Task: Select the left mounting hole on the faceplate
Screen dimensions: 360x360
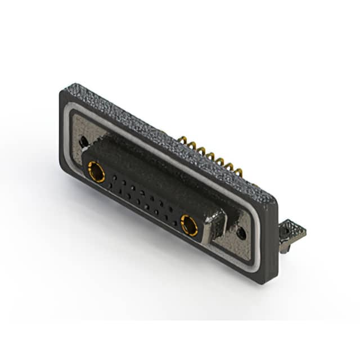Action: coord(84,142)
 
